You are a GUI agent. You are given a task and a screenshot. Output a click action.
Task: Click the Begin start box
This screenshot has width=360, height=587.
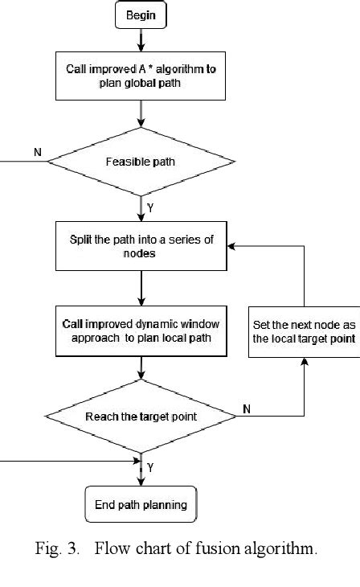click(x=141, y=14)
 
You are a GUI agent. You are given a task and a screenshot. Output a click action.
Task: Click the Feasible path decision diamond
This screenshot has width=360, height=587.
click(x=141, y=162)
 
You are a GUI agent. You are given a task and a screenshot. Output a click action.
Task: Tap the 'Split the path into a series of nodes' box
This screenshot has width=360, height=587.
click(x=141, y=246)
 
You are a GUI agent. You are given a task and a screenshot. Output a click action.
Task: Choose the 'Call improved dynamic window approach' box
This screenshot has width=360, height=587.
click(x=141, y=330)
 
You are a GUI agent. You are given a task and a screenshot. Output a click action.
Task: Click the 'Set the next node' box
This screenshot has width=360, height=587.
click(x=304, y=331)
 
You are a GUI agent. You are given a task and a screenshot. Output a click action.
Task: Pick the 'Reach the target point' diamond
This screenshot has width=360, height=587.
click(x=141, y=416)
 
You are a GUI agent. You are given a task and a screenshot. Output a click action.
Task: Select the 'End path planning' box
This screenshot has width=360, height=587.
click(x=141, y=505)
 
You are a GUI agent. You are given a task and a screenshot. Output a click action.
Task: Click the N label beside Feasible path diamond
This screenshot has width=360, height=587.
click(x=37, y=151)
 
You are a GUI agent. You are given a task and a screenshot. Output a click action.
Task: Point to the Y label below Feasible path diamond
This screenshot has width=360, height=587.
click(x=151, y=207)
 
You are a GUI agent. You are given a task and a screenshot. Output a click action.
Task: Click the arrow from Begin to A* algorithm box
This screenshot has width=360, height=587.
click(x=141, y=39)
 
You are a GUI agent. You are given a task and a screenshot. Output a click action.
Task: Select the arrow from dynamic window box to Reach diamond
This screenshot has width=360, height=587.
click(x=141, y=367)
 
